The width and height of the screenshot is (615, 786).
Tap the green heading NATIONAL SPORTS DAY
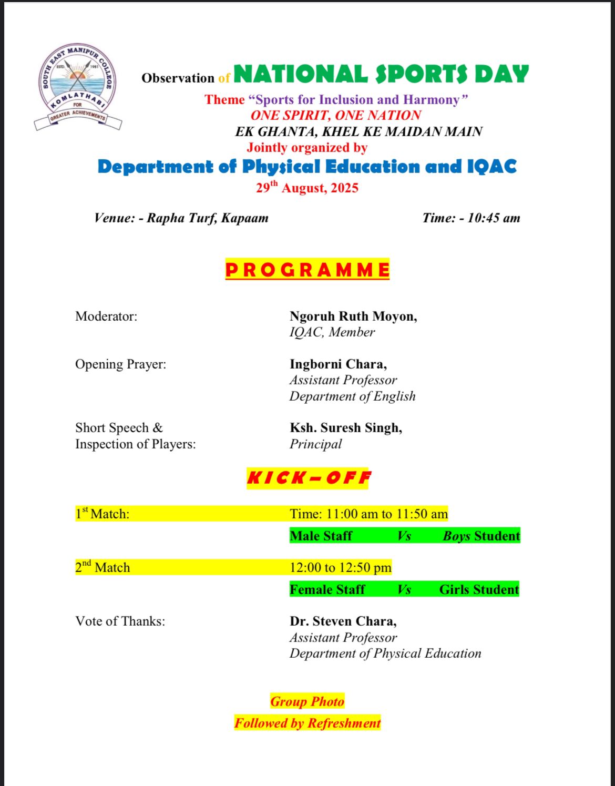click(381, 75)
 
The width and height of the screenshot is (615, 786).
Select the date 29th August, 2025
click(307, 188)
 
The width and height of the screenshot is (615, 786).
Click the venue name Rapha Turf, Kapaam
click(207, 218)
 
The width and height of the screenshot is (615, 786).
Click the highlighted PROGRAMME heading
click(307, 270)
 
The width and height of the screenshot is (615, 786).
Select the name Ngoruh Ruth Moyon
click(353, 316)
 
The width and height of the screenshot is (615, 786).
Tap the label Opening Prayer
click(120, 364)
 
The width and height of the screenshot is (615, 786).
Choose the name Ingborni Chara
click(337, 364)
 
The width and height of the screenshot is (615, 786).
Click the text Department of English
click(352, 396)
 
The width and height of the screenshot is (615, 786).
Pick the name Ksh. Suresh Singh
click(345, 428)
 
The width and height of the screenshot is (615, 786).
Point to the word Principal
click(315, 444)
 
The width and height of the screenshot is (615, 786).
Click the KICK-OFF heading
click(309, 478)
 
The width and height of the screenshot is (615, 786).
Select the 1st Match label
click(102, 514)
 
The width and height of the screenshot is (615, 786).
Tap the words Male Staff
click(321, 536)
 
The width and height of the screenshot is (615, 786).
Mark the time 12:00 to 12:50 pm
click(341, 567)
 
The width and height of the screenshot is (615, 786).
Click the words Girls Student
click(479, 589)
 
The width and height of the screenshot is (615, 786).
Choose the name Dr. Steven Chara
click(343, 621)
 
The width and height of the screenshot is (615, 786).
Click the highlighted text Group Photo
click(307, 701)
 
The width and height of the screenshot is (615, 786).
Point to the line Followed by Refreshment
click(307, 723)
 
